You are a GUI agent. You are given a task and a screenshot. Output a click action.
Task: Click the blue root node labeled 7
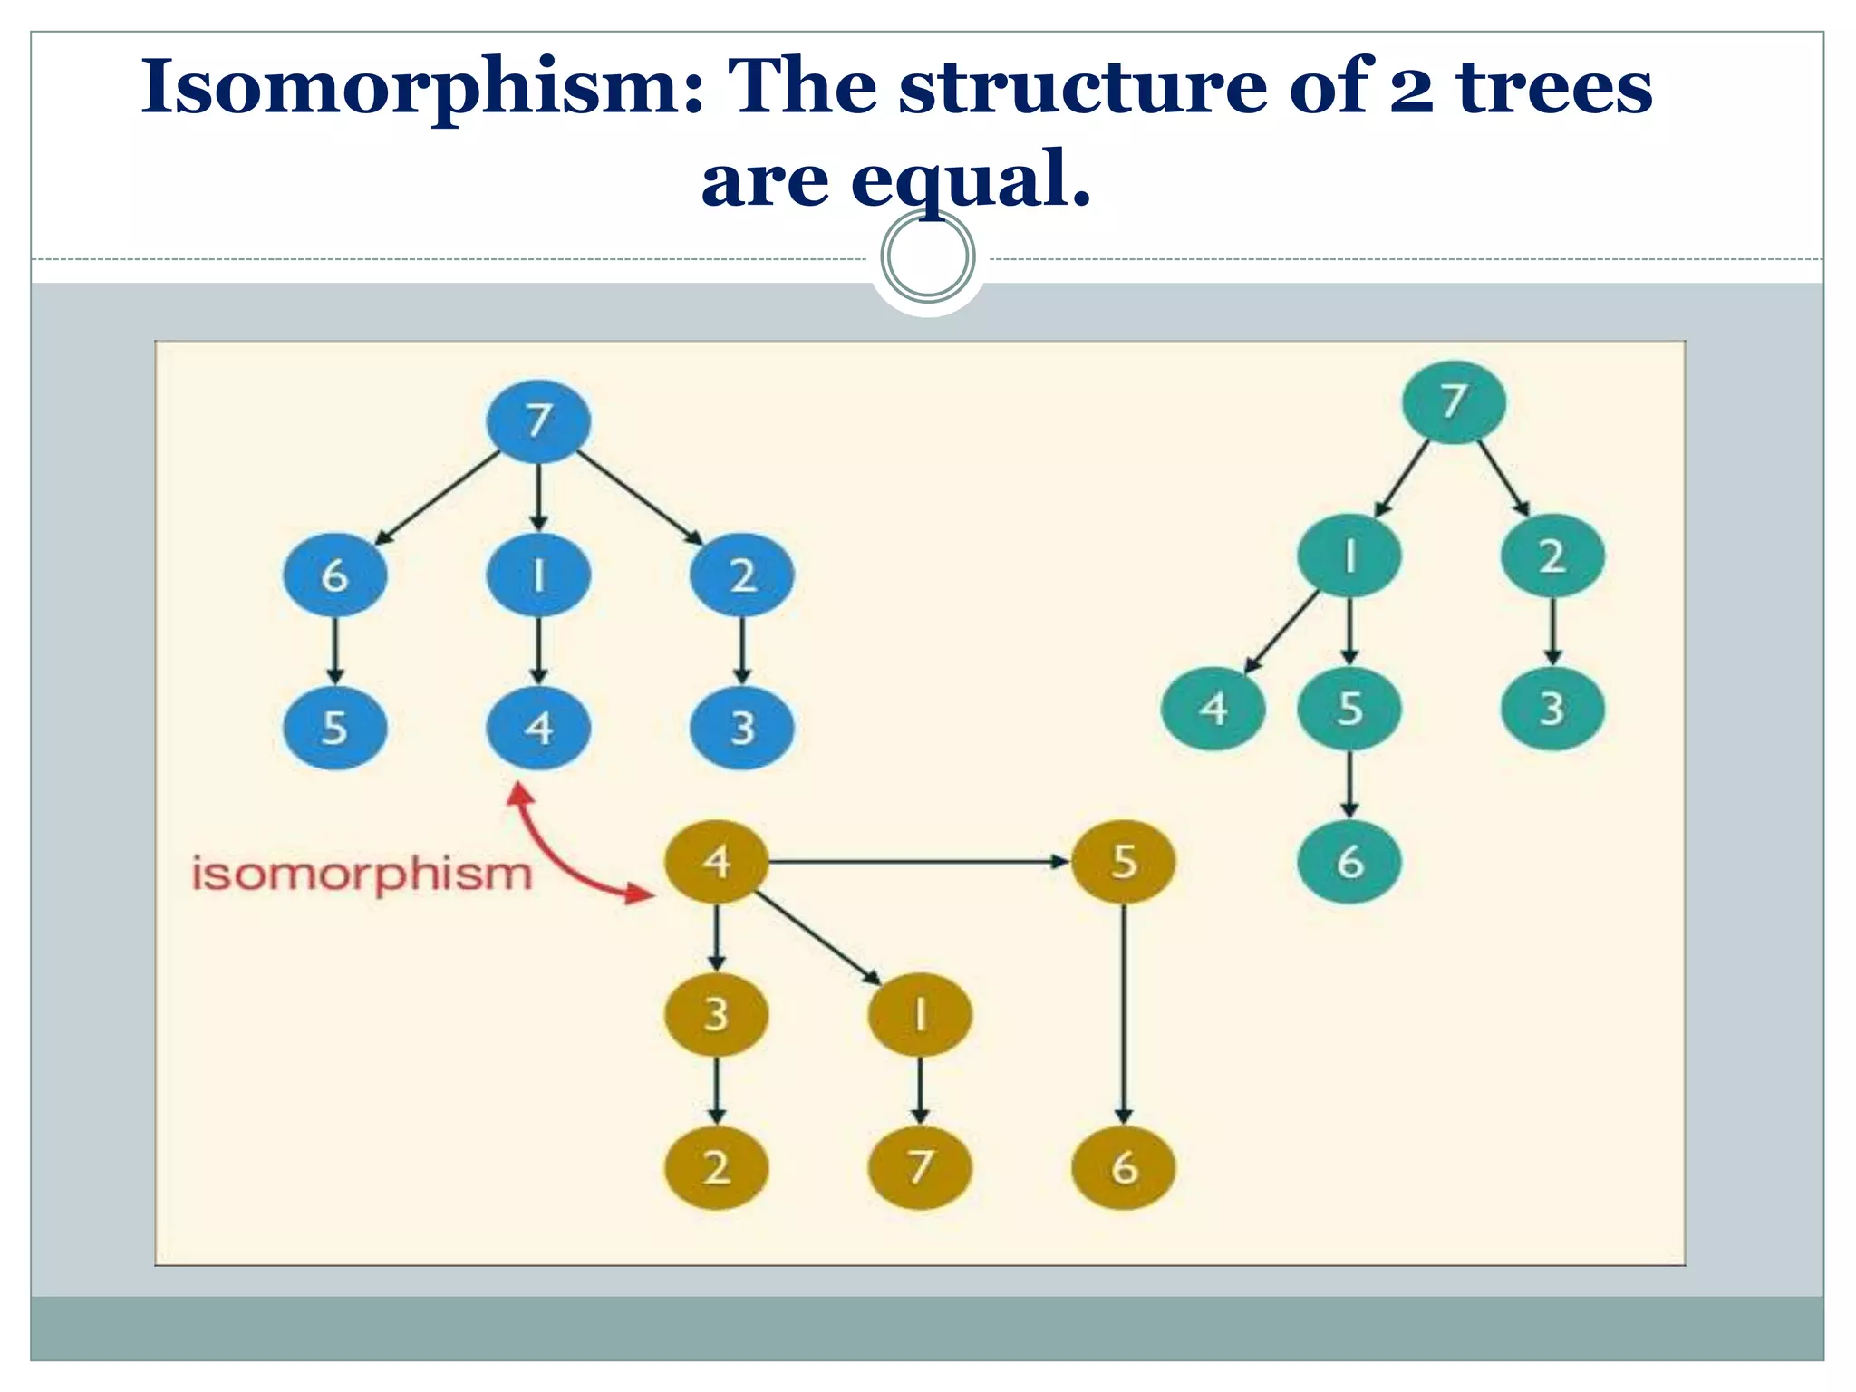[x=538, y=421]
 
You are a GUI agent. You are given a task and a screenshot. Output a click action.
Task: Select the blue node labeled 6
[x=334, y=575]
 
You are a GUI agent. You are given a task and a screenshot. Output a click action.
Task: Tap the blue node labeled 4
[x=538, y=728]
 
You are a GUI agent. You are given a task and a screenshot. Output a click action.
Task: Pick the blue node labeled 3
[x=741, y=728]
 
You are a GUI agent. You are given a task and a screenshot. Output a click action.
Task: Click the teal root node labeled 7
[x=1454, y=401]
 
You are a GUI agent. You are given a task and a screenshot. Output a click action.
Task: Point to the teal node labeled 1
[x=1349, y=556]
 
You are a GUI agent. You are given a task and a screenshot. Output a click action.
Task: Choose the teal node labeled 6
[x=1349, y=862]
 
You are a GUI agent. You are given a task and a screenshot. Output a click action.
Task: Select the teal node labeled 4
[x=1213, y=709]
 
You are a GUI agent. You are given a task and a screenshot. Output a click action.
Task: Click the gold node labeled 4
[x=716, y=861]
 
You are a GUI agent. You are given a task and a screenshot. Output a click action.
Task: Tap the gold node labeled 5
[x=1123, y=861]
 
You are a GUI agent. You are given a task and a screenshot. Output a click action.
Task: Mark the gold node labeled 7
[x=919, y=1167]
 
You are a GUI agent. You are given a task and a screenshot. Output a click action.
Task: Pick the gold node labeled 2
[x=716, y=1167]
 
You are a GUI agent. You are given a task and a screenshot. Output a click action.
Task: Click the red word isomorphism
[x=362, y=875]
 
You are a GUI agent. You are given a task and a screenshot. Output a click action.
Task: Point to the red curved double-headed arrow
[x=557, y=856]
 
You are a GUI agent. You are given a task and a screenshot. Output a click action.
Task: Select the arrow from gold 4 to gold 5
[x=915, y=861]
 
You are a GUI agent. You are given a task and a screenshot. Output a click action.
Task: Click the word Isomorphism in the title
[x=421, y=88]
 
